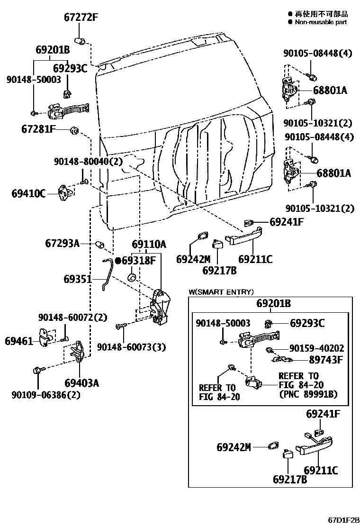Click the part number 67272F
click(x=81, y=18)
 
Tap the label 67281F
click(x=38, y=128)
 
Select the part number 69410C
click(x=29, y=193)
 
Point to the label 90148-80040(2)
click(x=88, y=162)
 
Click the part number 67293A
click(x=62, y=244)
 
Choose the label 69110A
click(x=149, y=245)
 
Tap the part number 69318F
click(x=138, y=260)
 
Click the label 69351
click(x=78, y=279)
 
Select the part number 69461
click(x=19, y=340)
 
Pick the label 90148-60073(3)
click(x=132, y=347)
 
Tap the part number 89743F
click(x=326, y=360)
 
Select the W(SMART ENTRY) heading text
click(x=221, y=292)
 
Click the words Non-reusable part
click(x=321, y=22)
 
